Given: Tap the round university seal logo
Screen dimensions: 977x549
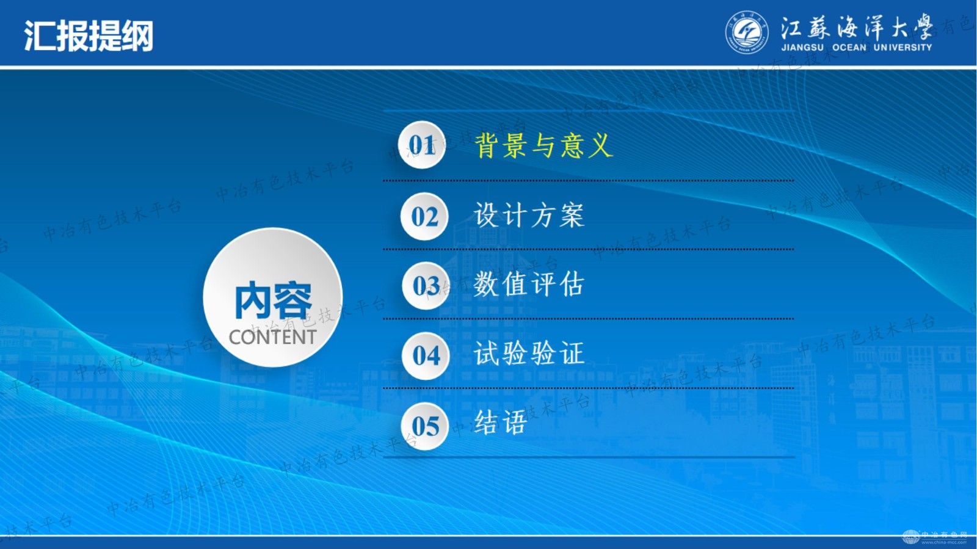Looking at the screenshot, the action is point(747,33).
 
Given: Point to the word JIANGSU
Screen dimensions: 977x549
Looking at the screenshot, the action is point(802,48).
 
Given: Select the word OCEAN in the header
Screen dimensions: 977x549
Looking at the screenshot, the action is point(849,48).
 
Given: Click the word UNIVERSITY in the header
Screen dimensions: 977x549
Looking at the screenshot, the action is point(903,48).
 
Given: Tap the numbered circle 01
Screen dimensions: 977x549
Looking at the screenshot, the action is point(422,145).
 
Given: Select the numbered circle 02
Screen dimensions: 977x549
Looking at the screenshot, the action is point(424,216).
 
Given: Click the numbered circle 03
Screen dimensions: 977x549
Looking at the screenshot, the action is point(426,286).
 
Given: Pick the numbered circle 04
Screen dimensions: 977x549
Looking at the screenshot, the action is point(426,355).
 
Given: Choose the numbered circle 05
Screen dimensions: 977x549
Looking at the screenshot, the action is point(424,426).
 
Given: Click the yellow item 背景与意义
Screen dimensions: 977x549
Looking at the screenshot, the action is point(543,145).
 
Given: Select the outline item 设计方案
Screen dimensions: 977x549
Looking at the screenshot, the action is point(529,215).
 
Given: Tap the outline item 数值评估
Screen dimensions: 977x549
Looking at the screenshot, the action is point(529,284).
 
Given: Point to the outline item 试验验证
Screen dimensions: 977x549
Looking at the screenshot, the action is point(529,353).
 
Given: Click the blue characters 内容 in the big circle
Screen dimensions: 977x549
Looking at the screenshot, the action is point(274,300).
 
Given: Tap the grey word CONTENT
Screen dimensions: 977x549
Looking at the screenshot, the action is point(272,337).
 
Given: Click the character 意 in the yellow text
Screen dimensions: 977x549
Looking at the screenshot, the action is point(572,145).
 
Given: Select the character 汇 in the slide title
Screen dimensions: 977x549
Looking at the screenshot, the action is point(40,36).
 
